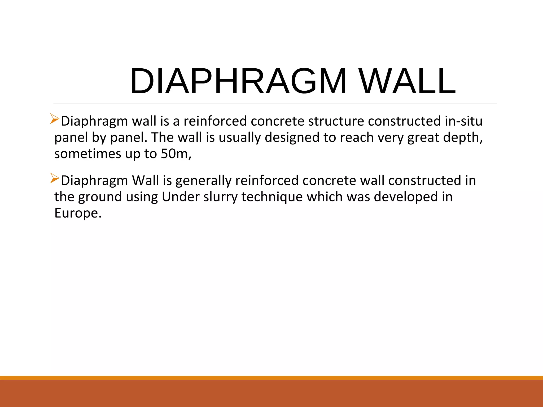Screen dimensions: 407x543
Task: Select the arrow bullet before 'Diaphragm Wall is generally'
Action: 55,178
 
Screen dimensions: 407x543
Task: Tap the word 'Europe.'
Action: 78,213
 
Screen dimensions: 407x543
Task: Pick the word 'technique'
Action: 272,197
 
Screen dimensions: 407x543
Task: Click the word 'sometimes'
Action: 88,154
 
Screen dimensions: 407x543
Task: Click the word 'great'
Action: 423,138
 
